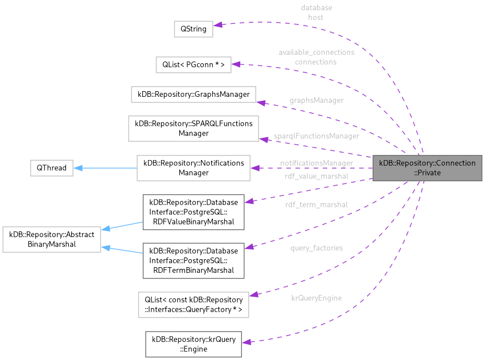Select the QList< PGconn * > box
[193, 65]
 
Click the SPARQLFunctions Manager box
[194, 128]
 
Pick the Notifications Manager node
[194, 167]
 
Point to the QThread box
[51, 168]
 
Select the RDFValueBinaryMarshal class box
[194, 212]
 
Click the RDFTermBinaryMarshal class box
[194, 260]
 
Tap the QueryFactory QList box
[194, 305]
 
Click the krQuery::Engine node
[194, 344]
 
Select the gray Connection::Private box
[427, 168]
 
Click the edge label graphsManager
[317, 100]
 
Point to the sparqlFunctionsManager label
[317, 136]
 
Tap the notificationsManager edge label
[317, 163]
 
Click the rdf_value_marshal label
[317, 177]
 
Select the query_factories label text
[317, 248]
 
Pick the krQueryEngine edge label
[317, 297]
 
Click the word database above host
[316, 8]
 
